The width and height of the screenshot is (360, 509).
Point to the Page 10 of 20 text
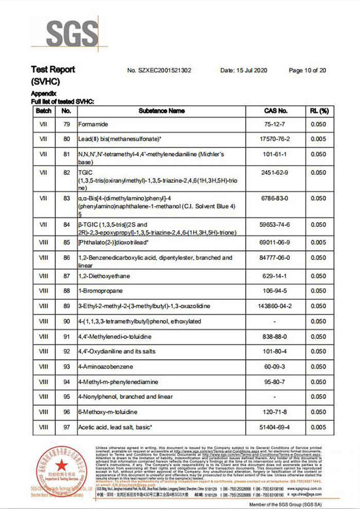307,70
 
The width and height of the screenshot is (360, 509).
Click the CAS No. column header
276,111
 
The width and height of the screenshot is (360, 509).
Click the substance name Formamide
93,124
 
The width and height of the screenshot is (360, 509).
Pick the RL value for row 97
319,427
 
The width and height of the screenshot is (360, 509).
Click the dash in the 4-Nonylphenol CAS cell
276,397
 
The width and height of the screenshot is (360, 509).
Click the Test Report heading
53,69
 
